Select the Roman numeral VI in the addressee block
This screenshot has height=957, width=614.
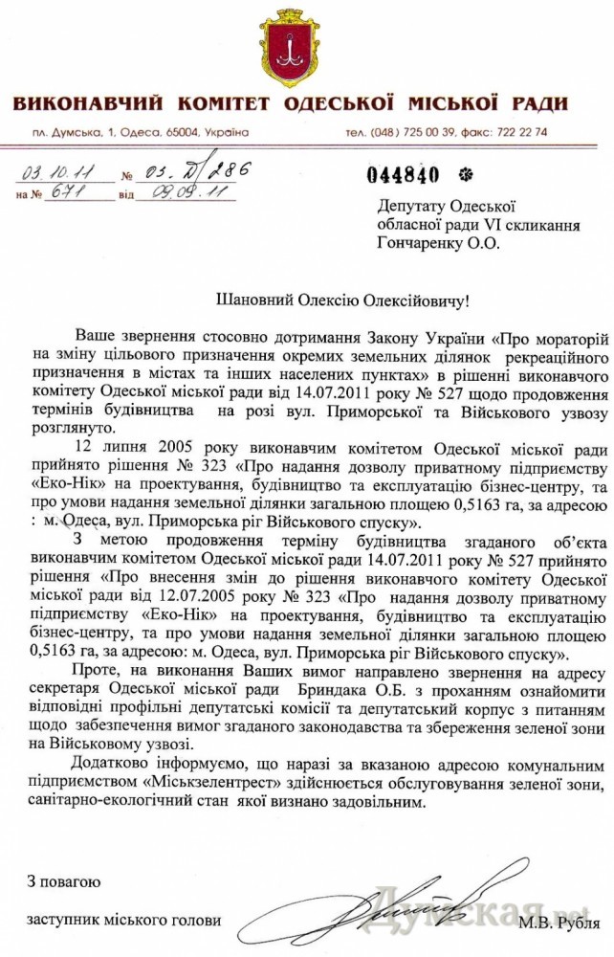[x=451, y=224]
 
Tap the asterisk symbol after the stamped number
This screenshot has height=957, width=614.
[x=465, y=174]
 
